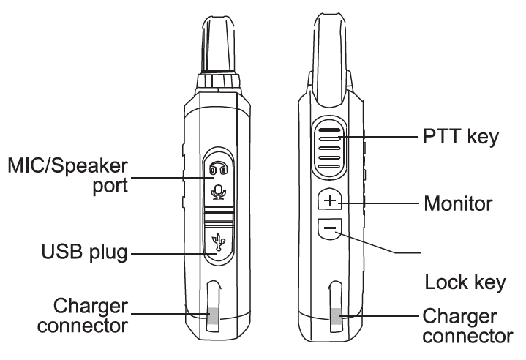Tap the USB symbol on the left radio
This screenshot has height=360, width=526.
217,241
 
